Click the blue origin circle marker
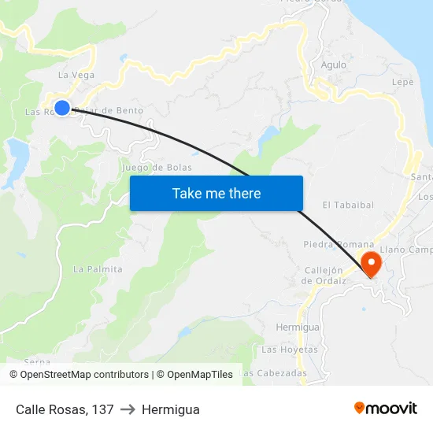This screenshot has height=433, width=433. point(62,108)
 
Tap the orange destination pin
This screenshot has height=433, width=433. point(369,262)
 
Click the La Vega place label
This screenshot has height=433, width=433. point(76,76)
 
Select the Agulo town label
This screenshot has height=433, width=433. point(333,65)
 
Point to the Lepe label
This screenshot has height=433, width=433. point(402,82)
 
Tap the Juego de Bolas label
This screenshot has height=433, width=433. point(157,168)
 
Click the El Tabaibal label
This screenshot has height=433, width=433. point(348,205)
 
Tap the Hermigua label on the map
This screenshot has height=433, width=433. point(298,327)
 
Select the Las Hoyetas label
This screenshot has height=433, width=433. point(290,349)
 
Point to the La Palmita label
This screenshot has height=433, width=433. point(98,269)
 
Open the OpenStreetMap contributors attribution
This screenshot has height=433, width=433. point(84,375)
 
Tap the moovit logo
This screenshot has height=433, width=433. point(386,408)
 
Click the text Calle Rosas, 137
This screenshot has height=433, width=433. point(65,409)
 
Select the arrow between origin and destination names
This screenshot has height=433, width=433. point(128,409)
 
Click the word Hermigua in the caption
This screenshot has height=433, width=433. point(171,409)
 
